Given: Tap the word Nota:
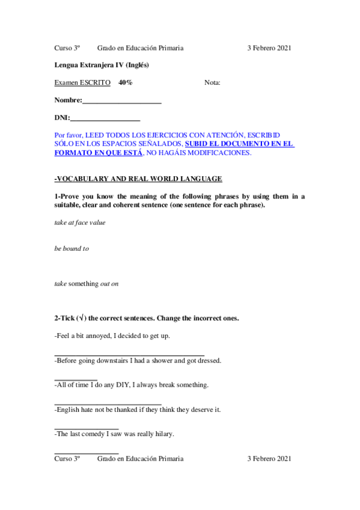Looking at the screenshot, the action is [212, 82].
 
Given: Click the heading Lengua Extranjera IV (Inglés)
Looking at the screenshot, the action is [102, 65].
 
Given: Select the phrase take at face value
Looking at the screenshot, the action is [79, 223].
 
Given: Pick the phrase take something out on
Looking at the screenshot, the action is [86, 283].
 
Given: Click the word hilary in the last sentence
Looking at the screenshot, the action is [165, 434].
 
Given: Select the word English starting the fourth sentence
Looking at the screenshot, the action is [67, 409].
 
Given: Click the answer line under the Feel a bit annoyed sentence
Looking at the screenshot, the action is [129, 355].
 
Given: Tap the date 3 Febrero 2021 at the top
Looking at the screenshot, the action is [269, 48].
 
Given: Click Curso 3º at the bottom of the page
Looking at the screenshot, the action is [67, 458].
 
